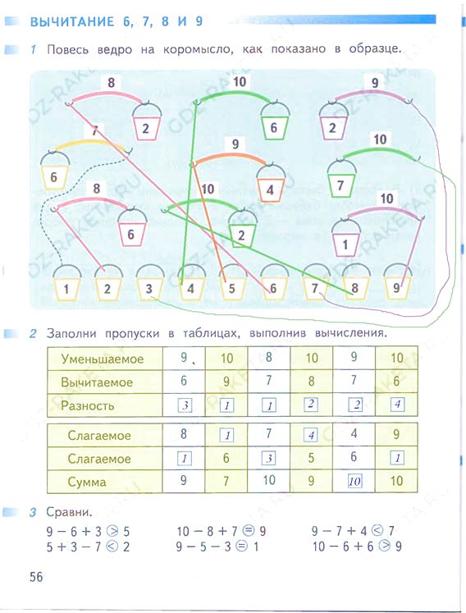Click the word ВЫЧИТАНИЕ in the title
coord(72,21)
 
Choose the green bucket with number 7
coord(341,179)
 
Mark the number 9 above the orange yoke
coord(235,144)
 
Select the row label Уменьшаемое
coord(103,359)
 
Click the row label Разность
coord(87,405)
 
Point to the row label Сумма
coord(87,482)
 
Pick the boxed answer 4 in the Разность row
coord(397,404)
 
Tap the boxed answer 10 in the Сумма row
coord(354,481)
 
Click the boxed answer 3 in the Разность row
coord(185,405)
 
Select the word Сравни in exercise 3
coord(69,512)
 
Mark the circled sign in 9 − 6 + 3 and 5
coord(112,531)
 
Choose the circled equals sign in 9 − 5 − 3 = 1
coord(242,547)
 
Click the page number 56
coord(36,577)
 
